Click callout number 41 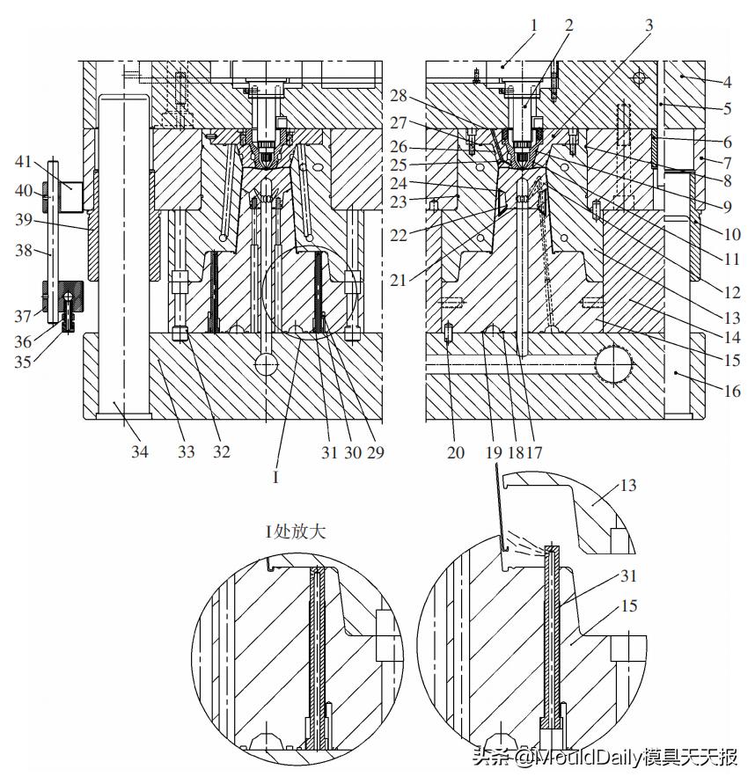click(x=24, y=162)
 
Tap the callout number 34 click(x=140, y=451)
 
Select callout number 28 click(x=399, y=96)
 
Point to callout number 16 click(x=732, y=391)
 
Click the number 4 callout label click(x=728, y=82)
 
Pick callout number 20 click(x=456, y=452)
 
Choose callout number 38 click(x=24, y=250)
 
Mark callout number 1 click(x=533, y=25)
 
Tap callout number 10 click(x=732, y=234)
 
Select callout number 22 click(x=399, y=235)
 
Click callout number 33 click(x=186, y=451)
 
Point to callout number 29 click(x=376, y=452)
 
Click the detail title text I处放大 click(x=296, y=531)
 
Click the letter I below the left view click(x=275, y=477)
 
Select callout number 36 click(x=23, y=341)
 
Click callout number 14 click(x=732, y=338)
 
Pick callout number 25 click(x=399, y=165)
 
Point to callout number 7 click(x=728, y=163)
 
